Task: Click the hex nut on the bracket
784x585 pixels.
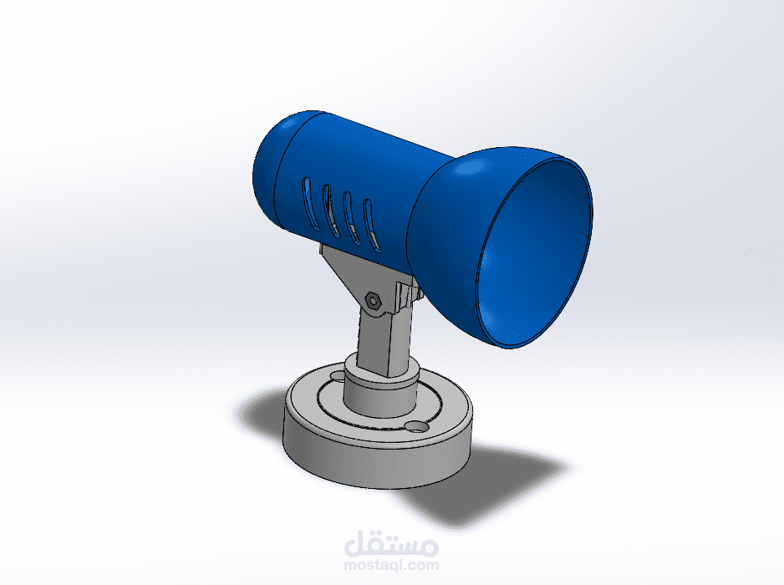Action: [373, 301]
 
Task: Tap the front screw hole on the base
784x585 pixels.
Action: [416, 426]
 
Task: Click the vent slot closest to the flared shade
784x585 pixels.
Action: [370, 223]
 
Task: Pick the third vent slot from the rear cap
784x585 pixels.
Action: [350, 216]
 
